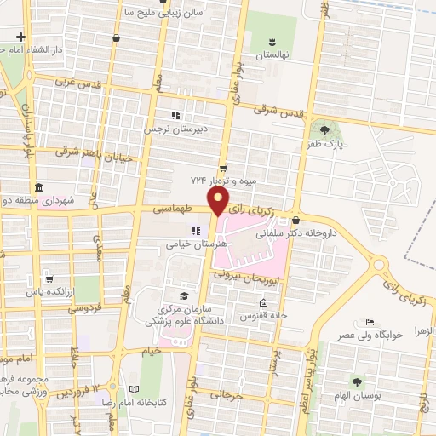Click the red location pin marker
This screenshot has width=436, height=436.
coord(220,202)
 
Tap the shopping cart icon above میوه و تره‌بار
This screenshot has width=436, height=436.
coord(223,168)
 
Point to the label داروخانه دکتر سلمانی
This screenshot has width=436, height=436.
coord(335,231)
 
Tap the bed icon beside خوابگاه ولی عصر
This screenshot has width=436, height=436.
coord(368,322)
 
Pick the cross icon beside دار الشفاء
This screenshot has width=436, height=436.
coord(20,37)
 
